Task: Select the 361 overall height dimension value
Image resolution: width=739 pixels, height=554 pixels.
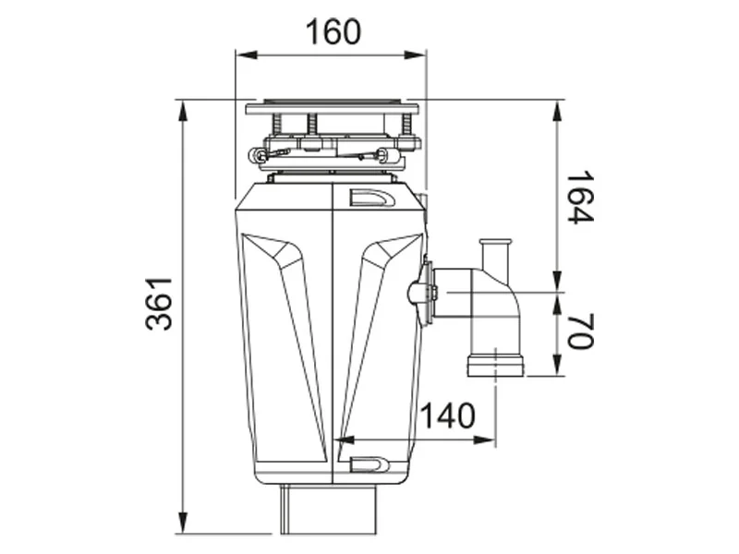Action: [x=160, y=304]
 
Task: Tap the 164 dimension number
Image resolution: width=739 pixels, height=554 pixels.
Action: [x=580, y=197]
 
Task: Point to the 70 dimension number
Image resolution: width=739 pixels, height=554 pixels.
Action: [x=580, y=332]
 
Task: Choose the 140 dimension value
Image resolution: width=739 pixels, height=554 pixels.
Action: [x=448, y=416]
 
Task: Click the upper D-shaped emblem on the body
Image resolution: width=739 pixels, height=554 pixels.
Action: [x=373, y=199]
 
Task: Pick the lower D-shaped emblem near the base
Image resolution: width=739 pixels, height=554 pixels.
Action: [x=373, y=464]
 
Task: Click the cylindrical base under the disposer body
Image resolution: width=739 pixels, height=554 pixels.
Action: [x=329, y=509]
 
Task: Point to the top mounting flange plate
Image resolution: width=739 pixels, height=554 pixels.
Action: [x=332, y=108]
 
